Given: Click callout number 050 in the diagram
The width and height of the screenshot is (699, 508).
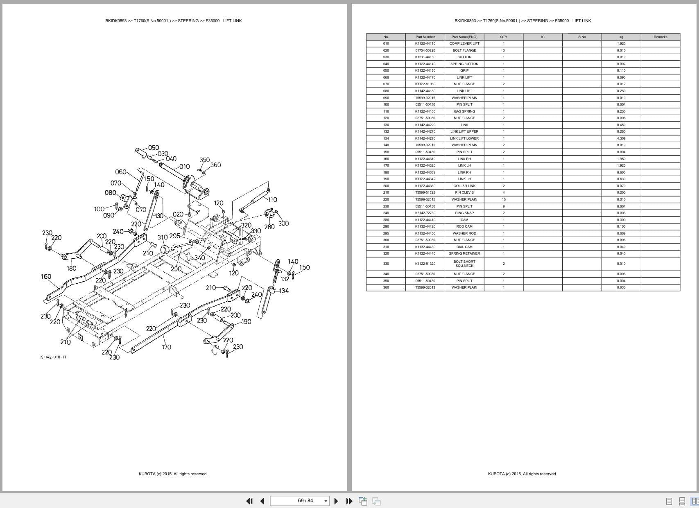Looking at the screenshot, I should point(154,147).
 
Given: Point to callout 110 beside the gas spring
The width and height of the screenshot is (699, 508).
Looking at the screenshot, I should point(272,200).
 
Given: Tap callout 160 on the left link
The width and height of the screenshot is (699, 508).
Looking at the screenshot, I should point(46,276).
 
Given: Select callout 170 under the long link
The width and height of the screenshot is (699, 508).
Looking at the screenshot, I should point(166,347).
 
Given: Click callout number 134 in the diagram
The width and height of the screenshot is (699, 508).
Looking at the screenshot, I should point(284,291).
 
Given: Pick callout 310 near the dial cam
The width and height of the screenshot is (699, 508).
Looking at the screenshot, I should point(163,237).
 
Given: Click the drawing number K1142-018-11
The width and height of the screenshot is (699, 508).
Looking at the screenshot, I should point(53,357).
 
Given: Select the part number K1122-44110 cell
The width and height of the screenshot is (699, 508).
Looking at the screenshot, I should point(425,43).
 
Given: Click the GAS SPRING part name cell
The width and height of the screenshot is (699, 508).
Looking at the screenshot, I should point(464,111).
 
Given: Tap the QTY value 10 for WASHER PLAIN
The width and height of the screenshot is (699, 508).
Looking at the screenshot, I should point(504,199).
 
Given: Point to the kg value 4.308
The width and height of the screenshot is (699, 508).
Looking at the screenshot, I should point(621,138).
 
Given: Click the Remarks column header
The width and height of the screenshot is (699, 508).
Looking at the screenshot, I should point(660,37).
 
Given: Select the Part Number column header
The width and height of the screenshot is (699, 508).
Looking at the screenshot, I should point(425,37).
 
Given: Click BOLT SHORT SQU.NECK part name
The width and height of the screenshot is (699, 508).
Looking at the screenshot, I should point(464,264).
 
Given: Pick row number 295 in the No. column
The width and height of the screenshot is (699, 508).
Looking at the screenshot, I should point(386,233).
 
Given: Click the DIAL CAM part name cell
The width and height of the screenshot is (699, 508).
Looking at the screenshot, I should point(464,247).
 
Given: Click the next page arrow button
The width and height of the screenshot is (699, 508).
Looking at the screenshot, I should point(336,501).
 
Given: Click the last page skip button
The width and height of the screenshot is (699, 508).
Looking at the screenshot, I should point(349,501).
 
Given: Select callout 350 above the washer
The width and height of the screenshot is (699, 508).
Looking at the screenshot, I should point(205,160).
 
